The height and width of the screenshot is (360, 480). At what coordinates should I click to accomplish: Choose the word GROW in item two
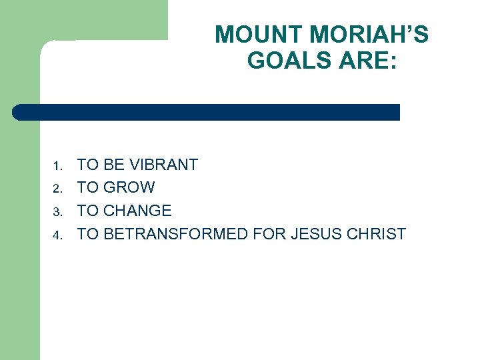click(x=130, y=188)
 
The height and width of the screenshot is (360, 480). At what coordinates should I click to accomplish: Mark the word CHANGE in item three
click(x=139, y=211)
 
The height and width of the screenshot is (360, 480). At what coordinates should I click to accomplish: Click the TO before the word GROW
click(x=88, y=188)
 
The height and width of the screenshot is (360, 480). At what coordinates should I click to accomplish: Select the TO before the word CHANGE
click(x=88, y=211)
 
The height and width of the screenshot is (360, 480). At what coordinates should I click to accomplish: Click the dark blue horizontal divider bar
click(x=207, y=112)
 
